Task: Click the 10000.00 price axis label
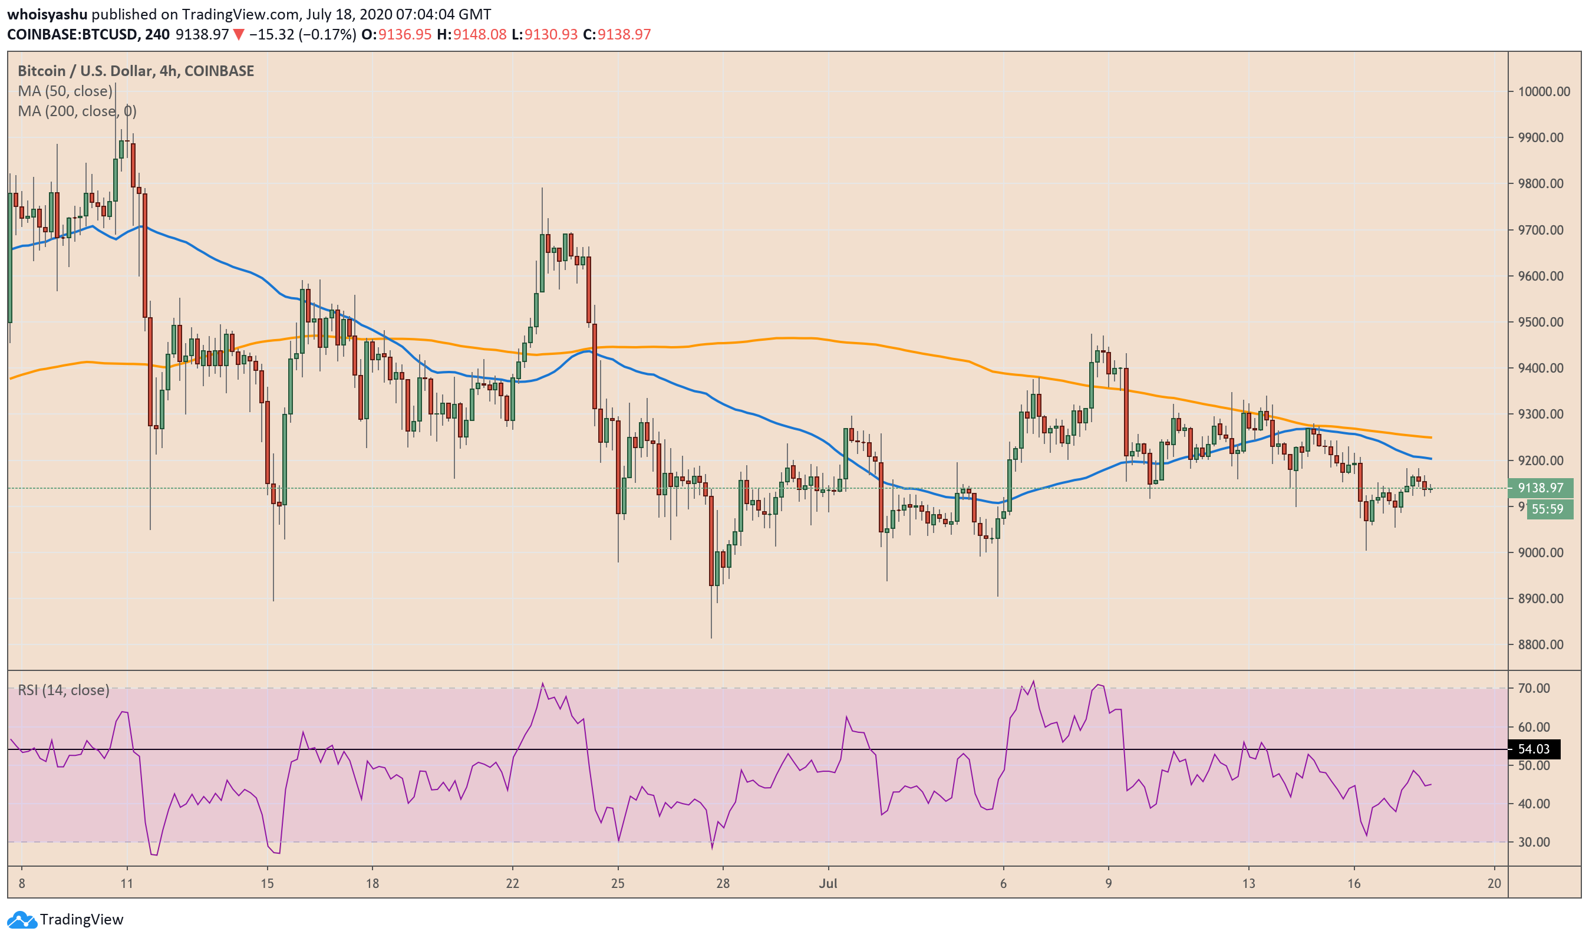(1544, 91)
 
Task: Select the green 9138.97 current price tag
(1540, 488)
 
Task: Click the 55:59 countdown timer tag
(1549, 509)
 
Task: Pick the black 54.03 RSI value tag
(1534, 749)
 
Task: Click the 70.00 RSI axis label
(1534, 688)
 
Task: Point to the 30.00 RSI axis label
(1534, 842)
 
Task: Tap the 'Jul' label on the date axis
(828, 883)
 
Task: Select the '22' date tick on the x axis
(512, 883)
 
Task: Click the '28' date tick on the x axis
(723, 883)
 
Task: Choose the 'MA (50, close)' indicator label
(65, 91)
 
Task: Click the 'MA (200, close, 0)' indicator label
(77, 111)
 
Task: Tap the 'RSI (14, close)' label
(64, 690)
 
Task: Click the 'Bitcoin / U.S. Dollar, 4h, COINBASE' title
(136, 70)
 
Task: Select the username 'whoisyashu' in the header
(47, 14)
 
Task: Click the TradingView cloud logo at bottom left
(22, 919)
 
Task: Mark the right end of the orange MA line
(1431, 437)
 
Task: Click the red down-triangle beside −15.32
(238, 34)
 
